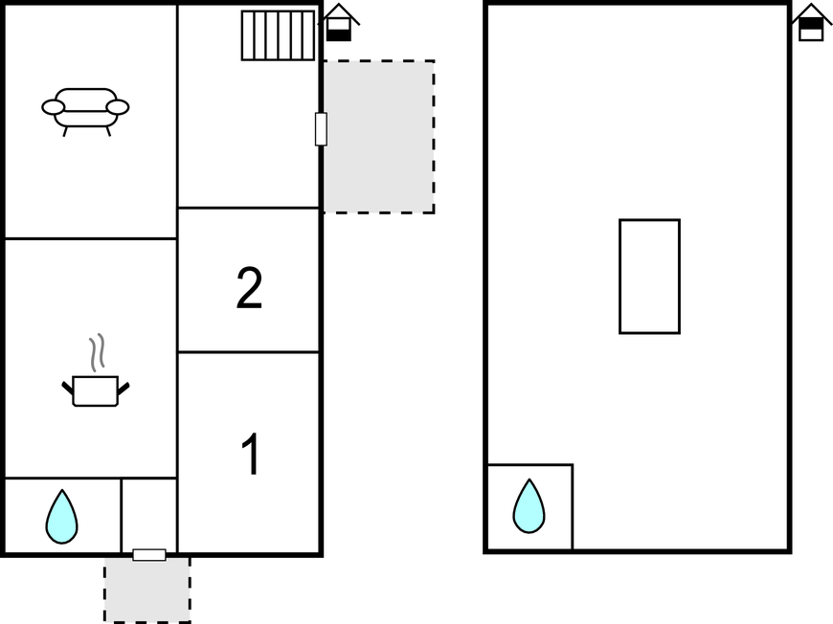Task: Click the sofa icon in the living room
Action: [85, 112]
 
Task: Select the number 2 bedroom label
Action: [249, 287]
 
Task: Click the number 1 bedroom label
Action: [251, 454]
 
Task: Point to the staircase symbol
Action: [278, 35]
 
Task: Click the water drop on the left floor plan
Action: [61, 517]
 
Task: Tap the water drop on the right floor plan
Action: [529, 506]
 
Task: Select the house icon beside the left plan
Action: [339, 22]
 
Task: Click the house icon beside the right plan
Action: [812, 22]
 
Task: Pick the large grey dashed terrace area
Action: [379, 137]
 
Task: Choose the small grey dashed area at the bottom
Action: [147, 590]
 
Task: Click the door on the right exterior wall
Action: [321, 129]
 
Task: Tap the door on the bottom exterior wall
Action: [149, 555]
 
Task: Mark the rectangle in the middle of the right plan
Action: [650, 277]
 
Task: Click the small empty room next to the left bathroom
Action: [149, 514]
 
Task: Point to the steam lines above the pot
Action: [97, 352]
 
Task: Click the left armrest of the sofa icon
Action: [53, 107]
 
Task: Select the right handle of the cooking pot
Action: [124, 389]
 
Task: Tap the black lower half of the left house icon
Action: [338, 35]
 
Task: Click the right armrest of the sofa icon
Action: [118, 107]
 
